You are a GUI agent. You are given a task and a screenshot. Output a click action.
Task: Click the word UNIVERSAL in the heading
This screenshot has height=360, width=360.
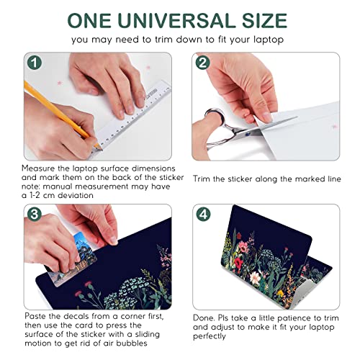[176, 20]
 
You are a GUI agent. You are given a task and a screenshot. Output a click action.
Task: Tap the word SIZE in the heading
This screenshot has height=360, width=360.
[264, 20]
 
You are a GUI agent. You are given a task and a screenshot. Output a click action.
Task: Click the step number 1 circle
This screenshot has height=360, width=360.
[35, 63]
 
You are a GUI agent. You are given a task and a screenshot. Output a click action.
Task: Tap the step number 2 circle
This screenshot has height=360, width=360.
[203, 63]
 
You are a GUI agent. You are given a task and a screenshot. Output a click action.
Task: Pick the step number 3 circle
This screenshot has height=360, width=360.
[35, 215]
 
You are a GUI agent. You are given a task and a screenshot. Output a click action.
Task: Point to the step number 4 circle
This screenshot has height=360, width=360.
[203, 215]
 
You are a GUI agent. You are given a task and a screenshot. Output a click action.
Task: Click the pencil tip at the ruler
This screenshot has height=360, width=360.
[101, 149]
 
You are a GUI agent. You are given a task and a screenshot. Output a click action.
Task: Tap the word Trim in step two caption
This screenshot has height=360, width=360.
[202, 179]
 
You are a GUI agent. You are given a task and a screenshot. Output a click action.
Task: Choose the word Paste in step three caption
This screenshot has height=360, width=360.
[35, 316]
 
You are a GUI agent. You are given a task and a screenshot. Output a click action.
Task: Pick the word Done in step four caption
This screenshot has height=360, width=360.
[204, 318]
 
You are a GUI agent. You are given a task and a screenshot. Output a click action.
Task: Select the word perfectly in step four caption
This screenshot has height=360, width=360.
[210, 336]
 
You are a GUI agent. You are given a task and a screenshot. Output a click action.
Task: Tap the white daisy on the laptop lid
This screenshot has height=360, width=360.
[255, 278]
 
